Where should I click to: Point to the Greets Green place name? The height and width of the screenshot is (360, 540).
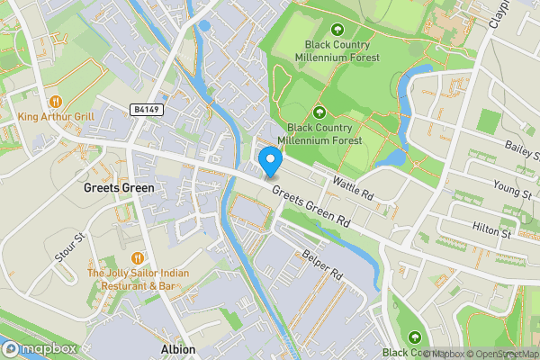tap(119, 189)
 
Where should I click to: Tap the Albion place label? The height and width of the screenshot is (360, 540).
tap(176, 349)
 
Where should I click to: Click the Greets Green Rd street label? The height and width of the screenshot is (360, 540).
tap(310, 206)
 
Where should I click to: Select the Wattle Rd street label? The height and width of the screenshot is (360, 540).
tap(352, 187)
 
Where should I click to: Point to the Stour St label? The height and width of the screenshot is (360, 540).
tap(68, 247)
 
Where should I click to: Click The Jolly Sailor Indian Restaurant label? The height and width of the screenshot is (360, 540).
tap(131, 279)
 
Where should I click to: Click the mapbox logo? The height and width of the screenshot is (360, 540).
tap(39, 349)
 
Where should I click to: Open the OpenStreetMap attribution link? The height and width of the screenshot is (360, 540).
tap(502, 354)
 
